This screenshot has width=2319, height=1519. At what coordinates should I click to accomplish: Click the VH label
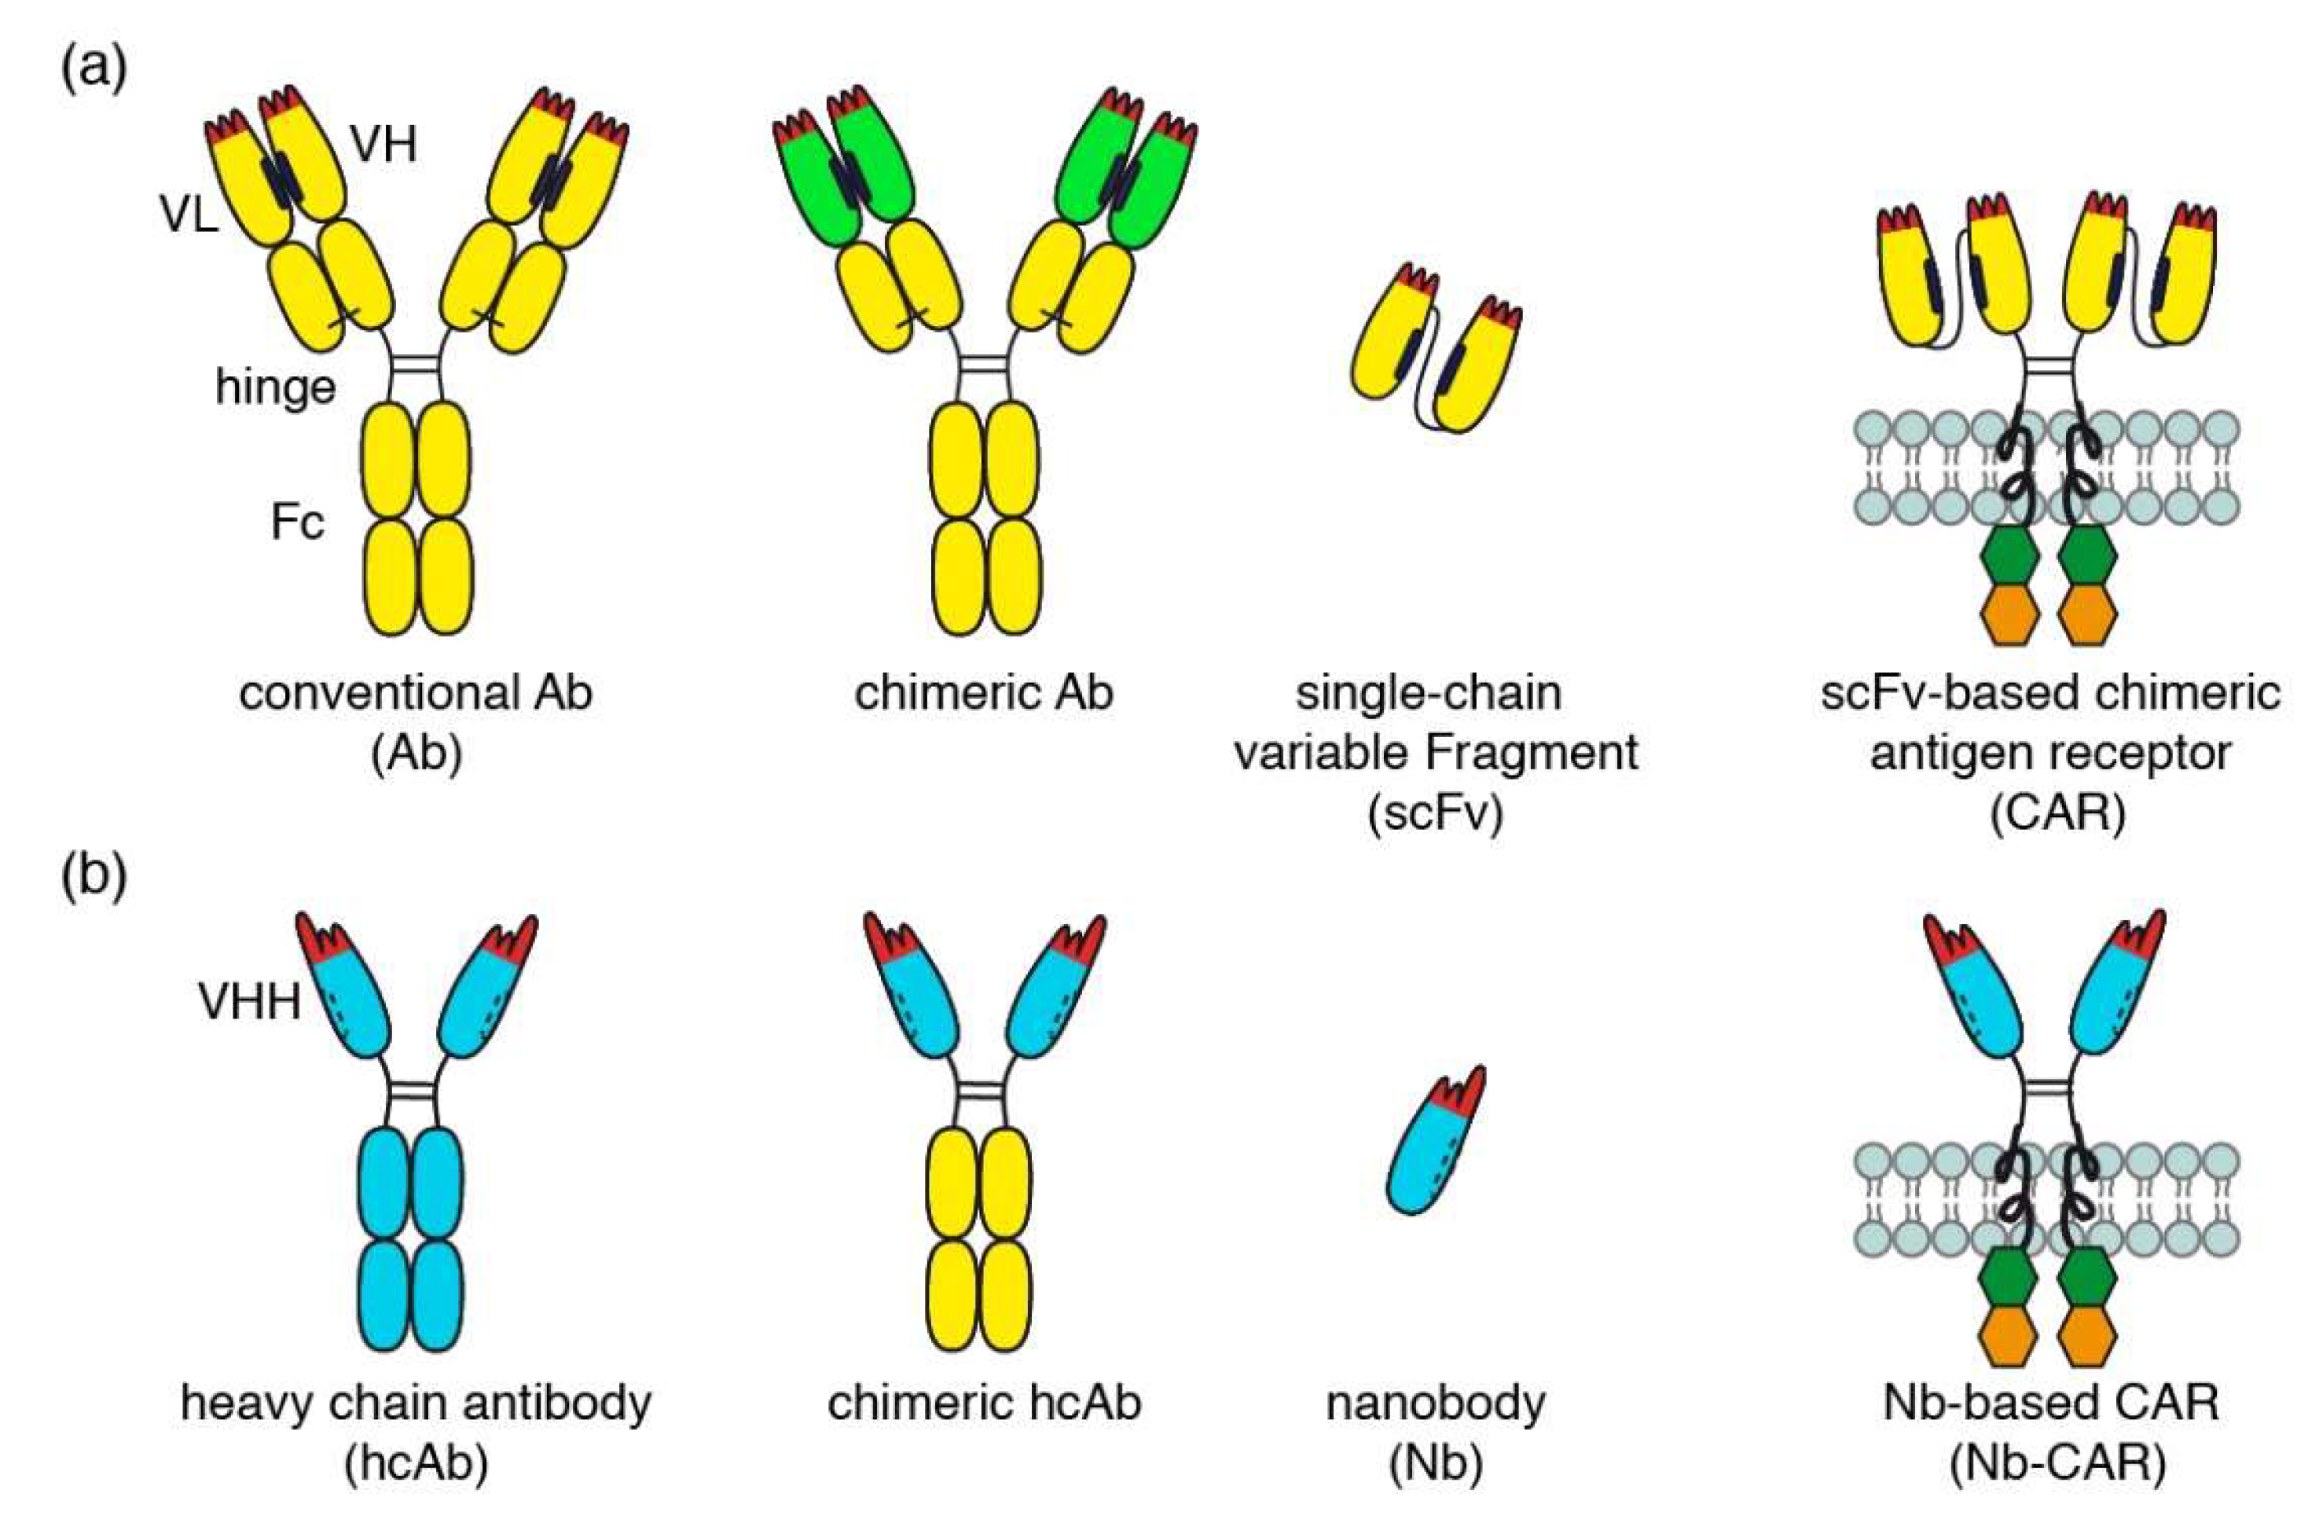click(384, 146)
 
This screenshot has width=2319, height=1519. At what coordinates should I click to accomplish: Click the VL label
click(190, 216)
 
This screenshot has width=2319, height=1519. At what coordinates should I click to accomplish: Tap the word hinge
click(276, 387)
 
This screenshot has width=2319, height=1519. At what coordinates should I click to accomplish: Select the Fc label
click(297, 523)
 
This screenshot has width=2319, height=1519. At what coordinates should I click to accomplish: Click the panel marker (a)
click(94, 70)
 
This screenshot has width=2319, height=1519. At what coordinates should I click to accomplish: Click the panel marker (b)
click(94, 878)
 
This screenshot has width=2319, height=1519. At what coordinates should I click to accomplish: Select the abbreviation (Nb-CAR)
click(2057, 1465)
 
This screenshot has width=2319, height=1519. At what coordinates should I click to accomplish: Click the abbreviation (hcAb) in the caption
click(416, 1465)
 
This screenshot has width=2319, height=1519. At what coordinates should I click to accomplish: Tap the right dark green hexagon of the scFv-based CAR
click(2087, 556)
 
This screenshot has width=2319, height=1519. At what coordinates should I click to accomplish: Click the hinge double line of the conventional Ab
click(416, 366)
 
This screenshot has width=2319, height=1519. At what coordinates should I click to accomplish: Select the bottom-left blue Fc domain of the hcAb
click(387, 1296)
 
